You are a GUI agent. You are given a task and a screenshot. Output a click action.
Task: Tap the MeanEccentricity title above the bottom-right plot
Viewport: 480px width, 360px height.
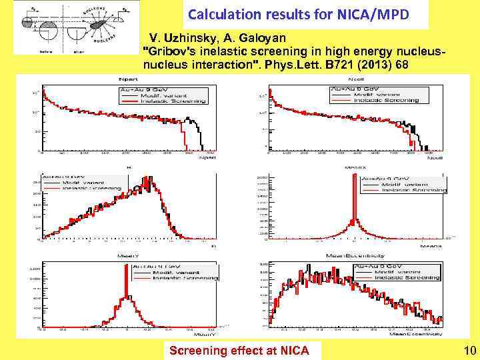355,255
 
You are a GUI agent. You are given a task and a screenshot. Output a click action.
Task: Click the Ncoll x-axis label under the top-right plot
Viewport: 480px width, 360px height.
435,159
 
